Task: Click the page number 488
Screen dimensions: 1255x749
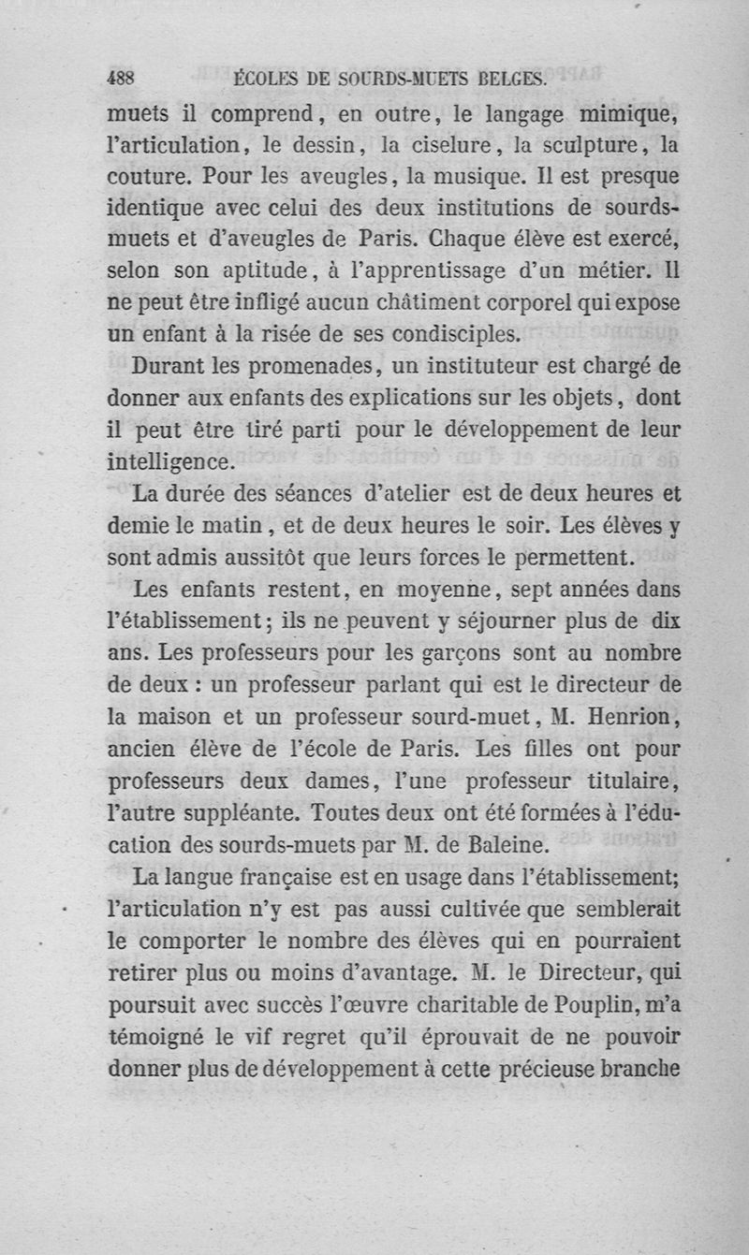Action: (x=122, y=80)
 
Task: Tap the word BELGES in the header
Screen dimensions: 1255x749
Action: (x=511, y=80)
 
